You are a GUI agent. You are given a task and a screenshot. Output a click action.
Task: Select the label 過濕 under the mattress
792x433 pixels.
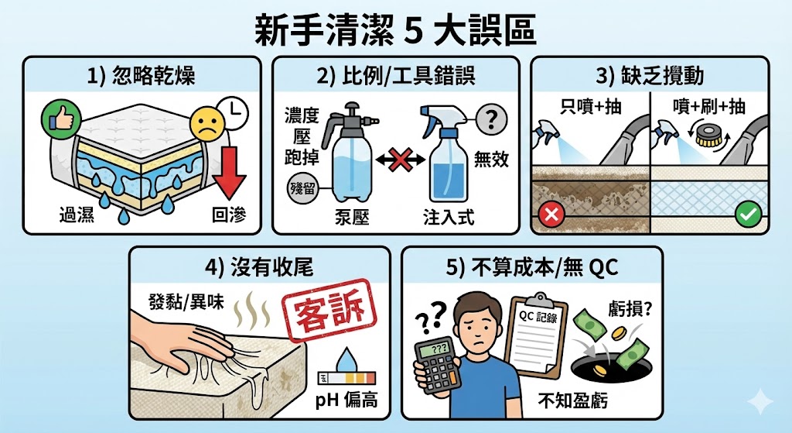77,215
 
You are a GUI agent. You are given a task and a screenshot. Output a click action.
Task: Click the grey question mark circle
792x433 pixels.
491,119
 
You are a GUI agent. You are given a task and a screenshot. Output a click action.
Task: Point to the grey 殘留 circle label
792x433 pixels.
302,188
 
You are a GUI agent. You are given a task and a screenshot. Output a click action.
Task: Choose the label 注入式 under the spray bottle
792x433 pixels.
449,218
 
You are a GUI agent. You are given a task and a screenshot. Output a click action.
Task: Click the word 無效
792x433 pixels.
491,160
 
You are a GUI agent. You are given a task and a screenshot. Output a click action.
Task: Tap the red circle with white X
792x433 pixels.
551,215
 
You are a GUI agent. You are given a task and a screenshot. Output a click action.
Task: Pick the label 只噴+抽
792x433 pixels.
590,106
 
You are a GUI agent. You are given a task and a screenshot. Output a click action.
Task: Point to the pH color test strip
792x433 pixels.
346,378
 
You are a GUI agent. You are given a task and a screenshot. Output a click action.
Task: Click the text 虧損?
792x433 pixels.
630,309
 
